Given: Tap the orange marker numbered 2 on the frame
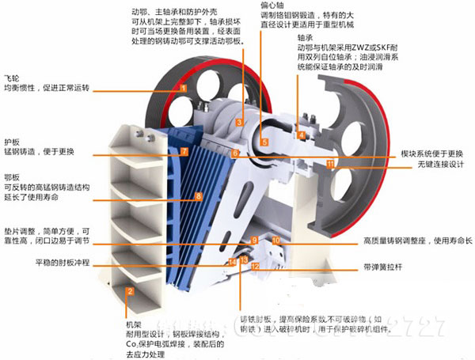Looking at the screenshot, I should (129, 291).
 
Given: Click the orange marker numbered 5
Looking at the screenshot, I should (264, 142).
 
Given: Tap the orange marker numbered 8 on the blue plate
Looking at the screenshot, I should (199, 195).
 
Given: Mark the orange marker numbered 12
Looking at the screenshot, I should (255, 267).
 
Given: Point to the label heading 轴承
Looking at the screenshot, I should (305, 37).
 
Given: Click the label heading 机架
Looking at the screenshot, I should (133, 324).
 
